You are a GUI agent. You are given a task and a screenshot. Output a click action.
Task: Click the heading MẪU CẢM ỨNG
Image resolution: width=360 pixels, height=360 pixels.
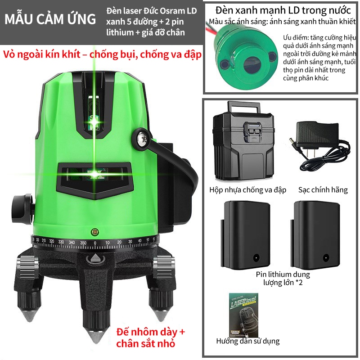click(x=50, y=19)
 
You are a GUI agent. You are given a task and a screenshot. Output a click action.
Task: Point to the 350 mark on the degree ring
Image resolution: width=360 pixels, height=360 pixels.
click(x=83, y=243)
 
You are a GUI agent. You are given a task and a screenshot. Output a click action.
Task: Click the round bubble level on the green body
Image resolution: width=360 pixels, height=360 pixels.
click(x=94, y=232)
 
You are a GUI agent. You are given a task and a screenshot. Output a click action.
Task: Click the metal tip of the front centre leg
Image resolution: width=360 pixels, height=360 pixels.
click(x=95, y=337)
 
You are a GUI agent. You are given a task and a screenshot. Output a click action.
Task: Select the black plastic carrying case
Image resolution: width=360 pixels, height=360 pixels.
click(x=243, y=143)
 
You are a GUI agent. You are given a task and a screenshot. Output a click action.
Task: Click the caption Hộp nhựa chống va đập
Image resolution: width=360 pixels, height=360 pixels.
click(x=248, y=190)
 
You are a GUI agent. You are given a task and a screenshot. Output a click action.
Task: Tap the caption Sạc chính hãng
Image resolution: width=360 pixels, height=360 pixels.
click(x=323, y=190)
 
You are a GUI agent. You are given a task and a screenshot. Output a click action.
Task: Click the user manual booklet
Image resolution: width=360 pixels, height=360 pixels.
click(x=244, y=315)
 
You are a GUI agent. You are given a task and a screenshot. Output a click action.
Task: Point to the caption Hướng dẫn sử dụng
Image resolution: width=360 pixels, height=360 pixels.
click(x=248, y=341)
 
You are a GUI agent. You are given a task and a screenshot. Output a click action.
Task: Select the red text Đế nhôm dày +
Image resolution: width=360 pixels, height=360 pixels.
click(x=151, y=332)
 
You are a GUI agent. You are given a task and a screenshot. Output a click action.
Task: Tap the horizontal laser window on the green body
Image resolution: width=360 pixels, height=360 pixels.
click(x=95, y=174)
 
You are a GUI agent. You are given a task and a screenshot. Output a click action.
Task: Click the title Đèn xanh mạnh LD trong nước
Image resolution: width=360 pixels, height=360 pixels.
click(x=283, y=10)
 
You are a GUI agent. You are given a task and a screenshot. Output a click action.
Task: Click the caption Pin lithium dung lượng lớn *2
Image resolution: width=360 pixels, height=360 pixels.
click(x=283, y=278)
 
